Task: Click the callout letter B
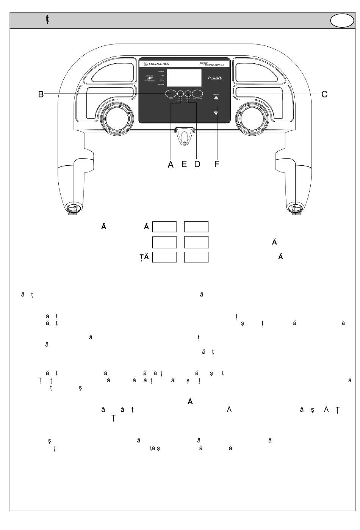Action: point(41,94)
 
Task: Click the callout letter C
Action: point(324,94)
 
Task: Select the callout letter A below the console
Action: point(171,165)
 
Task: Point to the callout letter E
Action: point(184,165)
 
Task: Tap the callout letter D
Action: point(197,165)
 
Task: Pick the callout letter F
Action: point(217,165)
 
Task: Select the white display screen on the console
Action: point(184,78)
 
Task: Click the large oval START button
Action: point(171,93)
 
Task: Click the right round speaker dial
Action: point(252,119)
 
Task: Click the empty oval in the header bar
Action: point(342,21)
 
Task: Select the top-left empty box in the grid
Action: point(164,227)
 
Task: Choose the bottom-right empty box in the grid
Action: point(196,257)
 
